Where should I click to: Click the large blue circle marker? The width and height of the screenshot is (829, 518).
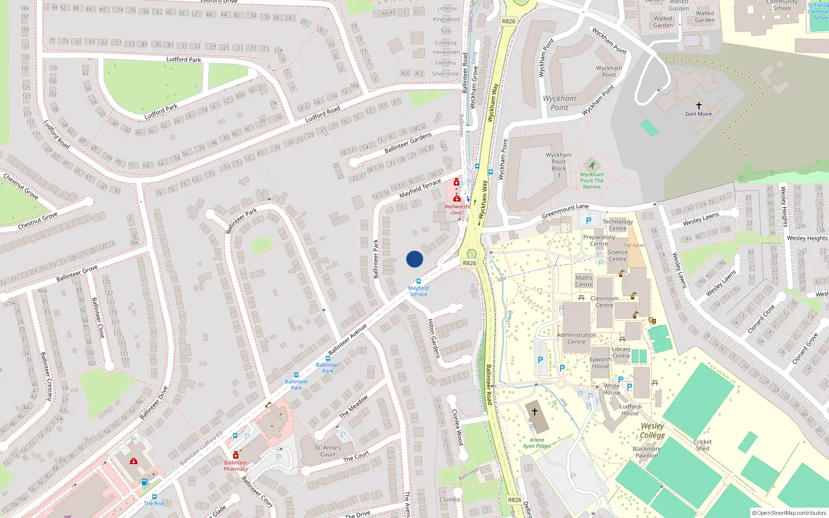point(414,259)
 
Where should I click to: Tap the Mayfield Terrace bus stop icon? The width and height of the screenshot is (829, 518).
point(419,281)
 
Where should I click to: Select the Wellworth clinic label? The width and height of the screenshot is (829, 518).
point(456,210)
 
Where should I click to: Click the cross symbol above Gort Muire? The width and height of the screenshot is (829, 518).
point(698,106)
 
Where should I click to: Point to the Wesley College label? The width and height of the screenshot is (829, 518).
point(652,430)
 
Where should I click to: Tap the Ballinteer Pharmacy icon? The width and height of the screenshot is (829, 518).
point(236,455)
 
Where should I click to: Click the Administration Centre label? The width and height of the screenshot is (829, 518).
point(576,338)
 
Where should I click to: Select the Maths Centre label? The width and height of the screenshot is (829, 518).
point(584,281)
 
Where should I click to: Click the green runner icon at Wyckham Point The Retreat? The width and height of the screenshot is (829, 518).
point(592,165)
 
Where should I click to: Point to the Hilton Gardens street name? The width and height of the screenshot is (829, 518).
point(433,338)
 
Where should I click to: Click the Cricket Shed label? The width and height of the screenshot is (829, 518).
point(703,445)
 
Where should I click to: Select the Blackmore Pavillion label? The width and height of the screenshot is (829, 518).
point(646,452)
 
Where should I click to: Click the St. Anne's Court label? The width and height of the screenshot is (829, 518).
point(328,451)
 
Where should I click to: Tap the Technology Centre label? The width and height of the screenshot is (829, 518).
point(618,225)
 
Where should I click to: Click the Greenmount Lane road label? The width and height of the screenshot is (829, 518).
point(565,211)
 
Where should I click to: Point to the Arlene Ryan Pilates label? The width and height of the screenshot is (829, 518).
point(537,443)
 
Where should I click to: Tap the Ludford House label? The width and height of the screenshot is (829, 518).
point(630,410)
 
